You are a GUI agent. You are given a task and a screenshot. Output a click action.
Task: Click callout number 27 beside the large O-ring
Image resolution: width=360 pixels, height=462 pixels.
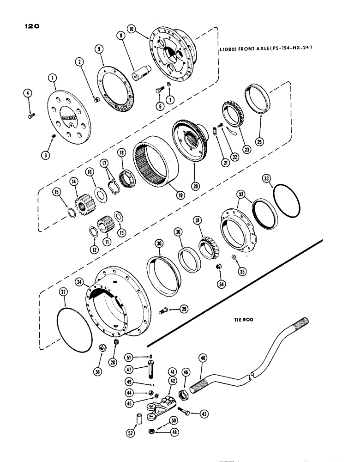coord(65,291)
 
